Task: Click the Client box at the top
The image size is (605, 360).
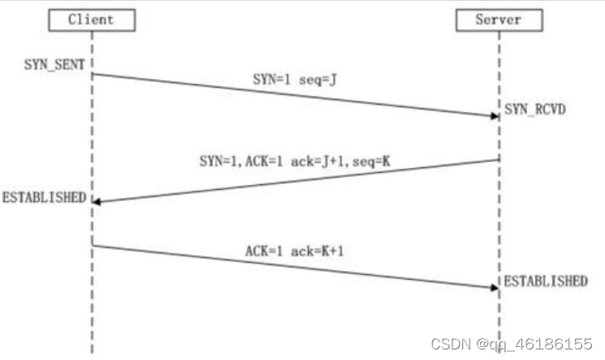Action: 92,20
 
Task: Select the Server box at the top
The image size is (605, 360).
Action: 500,20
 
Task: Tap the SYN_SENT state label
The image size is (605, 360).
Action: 54,64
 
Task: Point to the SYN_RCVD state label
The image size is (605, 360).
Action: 534,109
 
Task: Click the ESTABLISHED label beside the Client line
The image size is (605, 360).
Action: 45,198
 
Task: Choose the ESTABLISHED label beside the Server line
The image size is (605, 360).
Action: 546,281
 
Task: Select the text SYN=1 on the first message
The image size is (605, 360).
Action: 271,79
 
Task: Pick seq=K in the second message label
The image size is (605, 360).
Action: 371,161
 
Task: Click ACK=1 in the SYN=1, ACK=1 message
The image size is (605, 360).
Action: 264,161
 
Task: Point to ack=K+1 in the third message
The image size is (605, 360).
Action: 317,251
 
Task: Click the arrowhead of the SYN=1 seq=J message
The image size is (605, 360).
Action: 495,116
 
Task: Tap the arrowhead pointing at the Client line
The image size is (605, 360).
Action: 97,201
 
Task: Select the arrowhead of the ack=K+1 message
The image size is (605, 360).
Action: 495,288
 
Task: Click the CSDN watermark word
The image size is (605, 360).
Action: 451,344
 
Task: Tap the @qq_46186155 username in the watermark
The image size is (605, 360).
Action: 534,344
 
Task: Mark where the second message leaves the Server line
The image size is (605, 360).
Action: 500,160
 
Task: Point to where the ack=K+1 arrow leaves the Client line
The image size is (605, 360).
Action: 92,246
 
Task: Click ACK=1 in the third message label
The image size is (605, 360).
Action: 264,251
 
